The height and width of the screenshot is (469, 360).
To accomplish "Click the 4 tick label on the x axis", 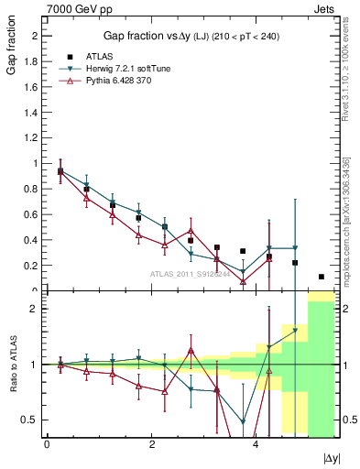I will (x=256, y=444).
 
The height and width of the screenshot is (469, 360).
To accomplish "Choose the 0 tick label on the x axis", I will (x=47, y=444).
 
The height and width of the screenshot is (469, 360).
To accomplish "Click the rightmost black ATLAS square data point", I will (x=322, y=277).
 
